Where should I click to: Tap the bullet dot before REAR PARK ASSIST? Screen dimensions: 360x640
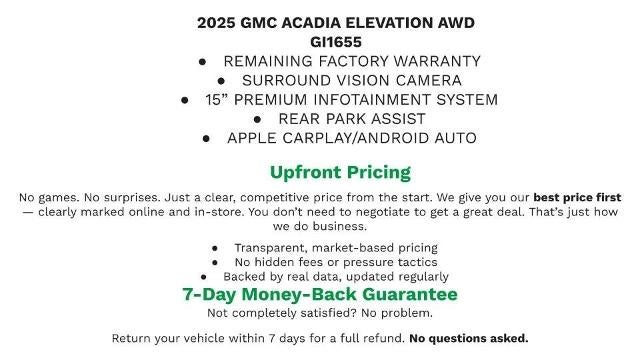pyautogui.click(x=229, y=119)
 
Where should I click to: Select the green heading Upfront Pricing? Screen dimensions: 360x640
pyautogui.click(x=340, y=172)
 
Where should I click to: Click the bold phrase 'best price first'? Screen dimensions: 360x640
pyautogui.click(x=577, y=197)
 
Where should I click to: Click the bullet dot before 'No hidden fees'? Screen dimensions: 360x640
pyautogui.click(x=215, y=262)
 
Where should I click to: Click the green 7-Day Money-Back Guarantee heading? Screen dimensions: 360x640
pyautogui.click(x=320, y=294)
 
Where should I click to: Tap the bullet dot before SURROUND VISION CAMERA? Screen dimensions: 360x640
pyautogui.click(x=219, y=80)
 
